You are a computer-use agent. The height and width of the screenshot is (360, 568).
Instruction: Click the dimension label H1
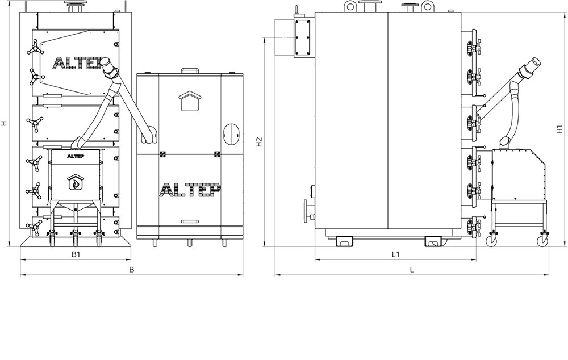[559, 129]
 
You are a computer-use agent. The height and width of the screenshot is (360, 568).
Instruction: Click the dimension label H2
[258, 142]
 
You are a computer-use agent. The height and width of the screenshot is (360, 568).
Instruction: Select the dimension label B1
[76, 254]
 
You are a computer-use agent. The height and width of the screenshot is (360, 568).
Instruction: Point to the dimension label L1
[395, 254]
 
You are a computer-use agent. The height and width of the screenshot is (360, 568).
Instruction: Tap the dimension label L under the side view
[411, 270]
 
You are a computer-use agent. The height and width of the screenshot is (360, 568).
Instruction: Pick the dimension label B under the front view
[132, 270]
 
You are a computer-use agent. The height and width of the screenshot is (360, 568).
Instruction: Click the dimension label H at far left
[4, 123]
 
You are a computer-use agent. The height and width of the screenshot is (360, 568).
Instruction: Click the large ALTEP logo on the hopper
[190, 190]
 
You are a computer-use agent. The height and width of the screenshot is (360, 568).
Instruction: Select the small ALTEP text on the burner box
[76, 157]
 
